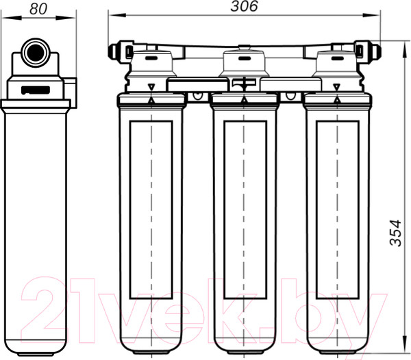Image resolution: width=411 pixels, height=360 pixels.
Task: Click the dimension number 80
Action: tap(38, 9)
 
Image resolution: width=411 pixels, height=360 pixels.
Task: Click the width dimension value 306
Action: tap(244, 6)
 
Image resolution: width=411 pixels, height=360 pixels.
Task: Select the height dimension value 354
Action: tap(395, 233)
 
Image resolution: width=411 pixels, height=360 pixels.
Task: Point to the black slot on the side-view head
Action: tap(36, 90)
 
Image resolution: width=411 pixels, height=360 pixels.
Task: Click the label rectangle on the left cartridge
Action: tap(151, 209)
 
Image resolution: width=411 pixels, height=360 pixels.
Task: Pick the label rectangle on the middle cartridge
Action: tap(245, 209)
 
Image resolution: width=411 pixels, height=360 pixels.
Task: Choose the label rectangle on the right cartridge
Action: tap(337, 209)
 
